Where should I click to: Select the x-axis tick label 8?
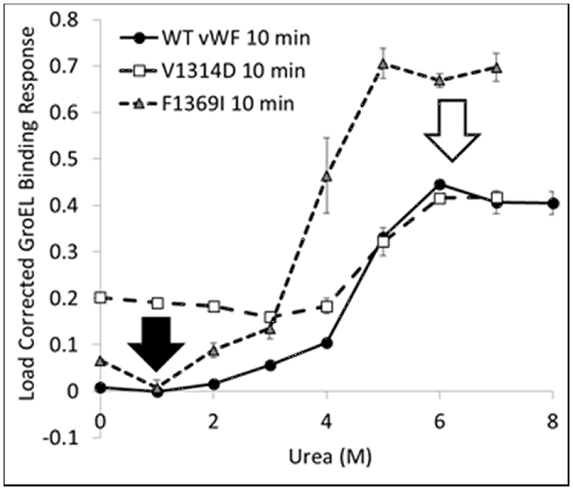click(553, 421)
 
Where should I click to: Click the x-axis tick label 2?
click(214, 421)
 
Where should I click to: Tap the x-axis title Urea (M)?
click(326, 459)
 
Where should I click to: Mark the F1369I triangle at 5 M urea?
click(383, 63)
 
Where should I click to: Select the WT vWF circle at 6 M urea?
click(439, 185)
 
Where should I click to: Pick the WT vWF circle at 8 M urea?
click(553, 203)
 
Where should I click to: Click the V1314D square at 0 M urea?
click(101, 297)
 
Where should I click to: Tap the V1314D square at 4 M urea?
click(326, 306)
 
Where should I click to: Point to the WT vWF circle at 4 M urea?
click(326, 343)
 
